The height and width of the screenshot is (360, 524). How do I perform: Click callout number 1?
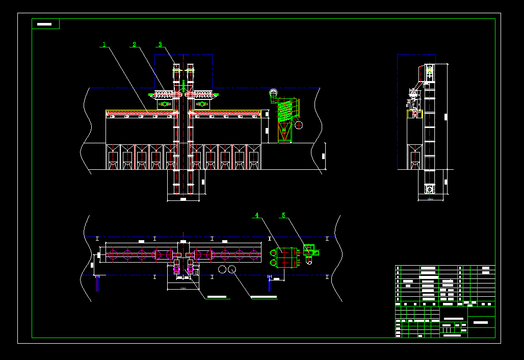104,44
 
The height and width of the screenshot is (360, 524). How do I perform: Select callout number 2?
135,44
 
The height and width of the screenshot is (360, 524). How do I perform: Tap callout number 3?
160,44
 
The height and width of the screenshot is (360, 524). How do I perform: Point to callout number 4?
257,215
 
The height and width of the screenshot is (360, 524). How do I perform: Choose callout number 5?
283,215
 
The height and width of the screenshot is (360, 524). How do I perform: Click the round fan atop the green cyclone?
273,93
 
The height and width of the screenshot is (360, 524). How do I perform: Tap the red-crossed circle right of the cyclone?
299,124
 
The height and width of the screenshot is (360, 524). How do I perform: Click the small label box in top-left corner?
45,24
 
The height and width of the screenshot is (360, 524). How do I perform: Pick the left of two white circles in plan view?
223,269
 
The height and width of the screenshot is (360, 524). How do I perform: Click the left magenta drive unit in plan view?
177,269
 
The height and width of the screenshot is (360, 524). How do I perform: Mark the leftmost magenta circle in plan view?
113,254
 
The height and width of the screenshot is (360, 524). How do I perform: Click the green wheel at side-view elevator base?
430,190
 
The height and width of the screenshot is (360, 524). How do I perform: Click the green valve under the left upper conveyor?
164,104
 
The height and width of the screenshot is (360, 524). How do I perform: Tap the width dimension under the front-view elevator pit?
183,199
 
